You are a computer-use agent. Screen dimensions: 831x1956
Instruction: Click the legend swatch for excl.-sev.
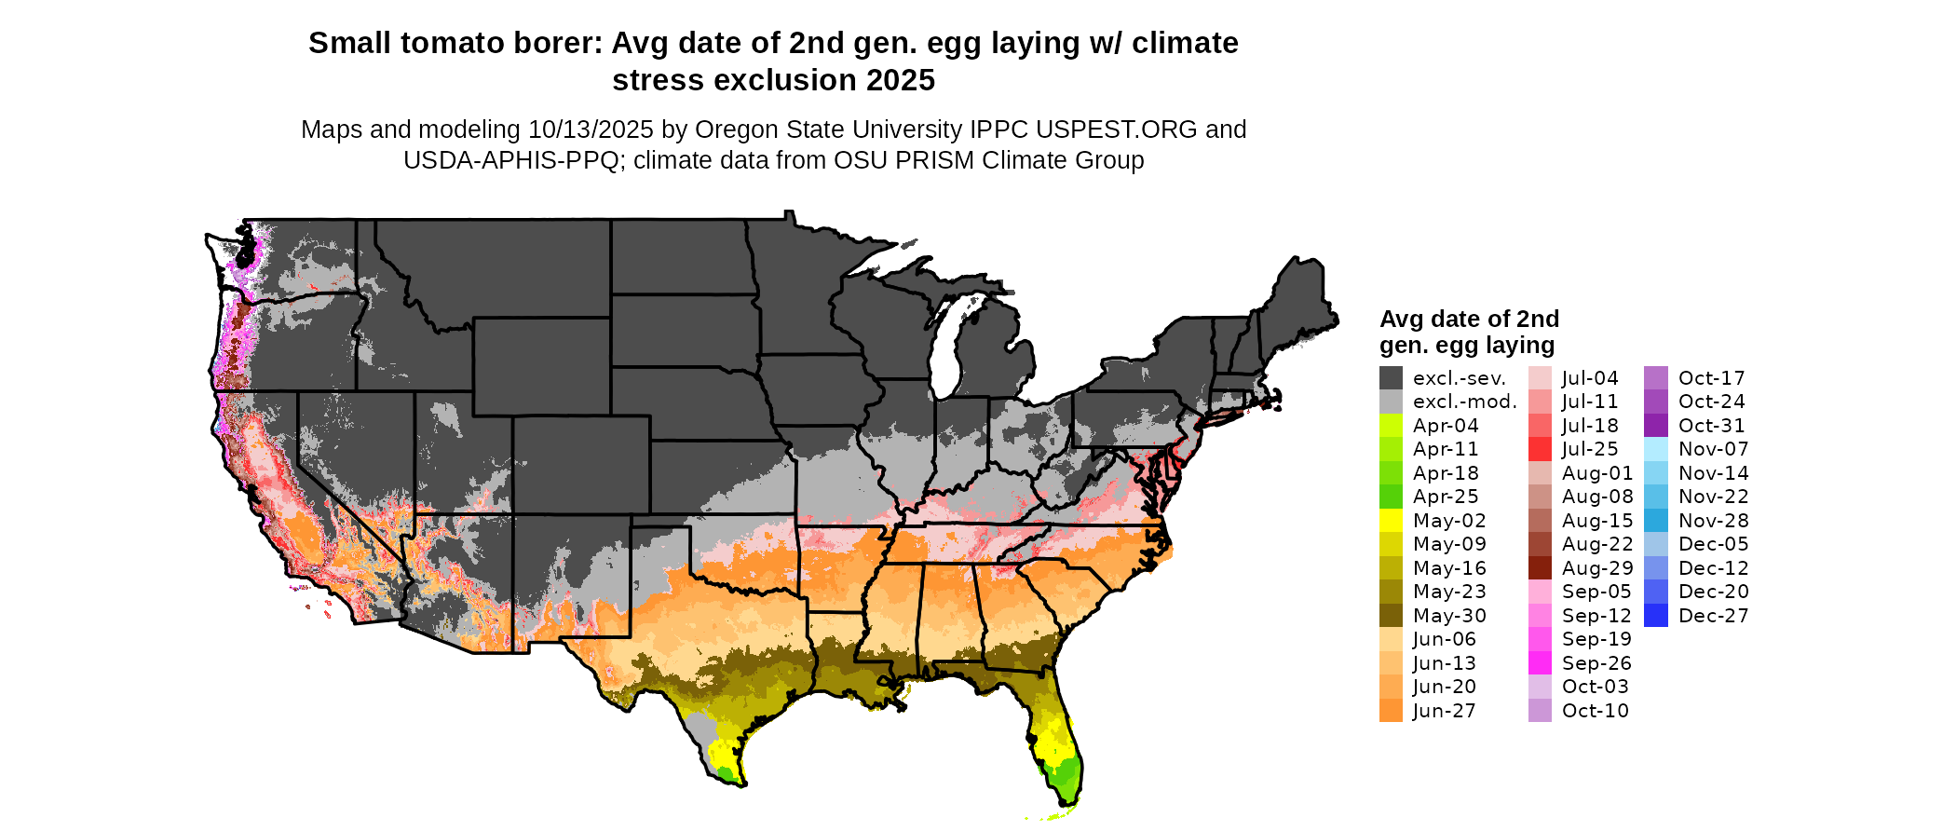tap(1391, 378)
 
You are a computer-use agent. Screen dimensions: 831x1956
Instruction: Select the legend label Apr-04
tap(1446, 426)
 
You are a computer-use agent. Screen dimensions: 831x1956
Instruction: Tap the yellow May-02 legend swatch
tap(1391, 521)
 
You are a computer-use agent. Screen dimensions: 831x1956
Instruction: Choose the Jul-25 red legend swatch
tap(1540, 449)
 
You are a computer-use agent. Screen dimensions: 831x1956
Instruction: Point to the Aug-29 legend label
tap(1597, 568)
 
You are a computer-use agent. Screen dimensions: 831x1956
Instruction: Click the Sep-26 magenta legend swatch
tap(1540, 663)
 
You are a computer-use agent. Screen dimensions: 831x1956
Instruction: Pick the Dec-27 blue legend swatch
tap(1656, 616)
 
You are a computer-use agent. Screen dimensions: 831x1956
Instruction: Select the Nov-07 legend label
tap(1714, 449)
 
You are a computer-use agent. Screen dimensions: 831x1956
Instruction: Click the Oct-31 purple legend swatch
tap(1656, 426)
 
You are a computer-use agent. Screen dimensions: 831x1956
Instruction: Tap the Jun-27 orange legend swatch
tap(1391, 711)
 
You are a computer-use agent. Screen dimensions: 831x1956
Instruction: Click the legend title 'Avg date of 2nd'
tap(1469, 320)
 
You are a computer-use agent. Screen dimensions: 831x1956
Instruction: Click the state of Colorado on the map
tap(581, 465)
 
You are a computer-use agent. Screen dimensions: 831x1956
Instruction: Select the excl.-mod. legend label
tap(1465, 402)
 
